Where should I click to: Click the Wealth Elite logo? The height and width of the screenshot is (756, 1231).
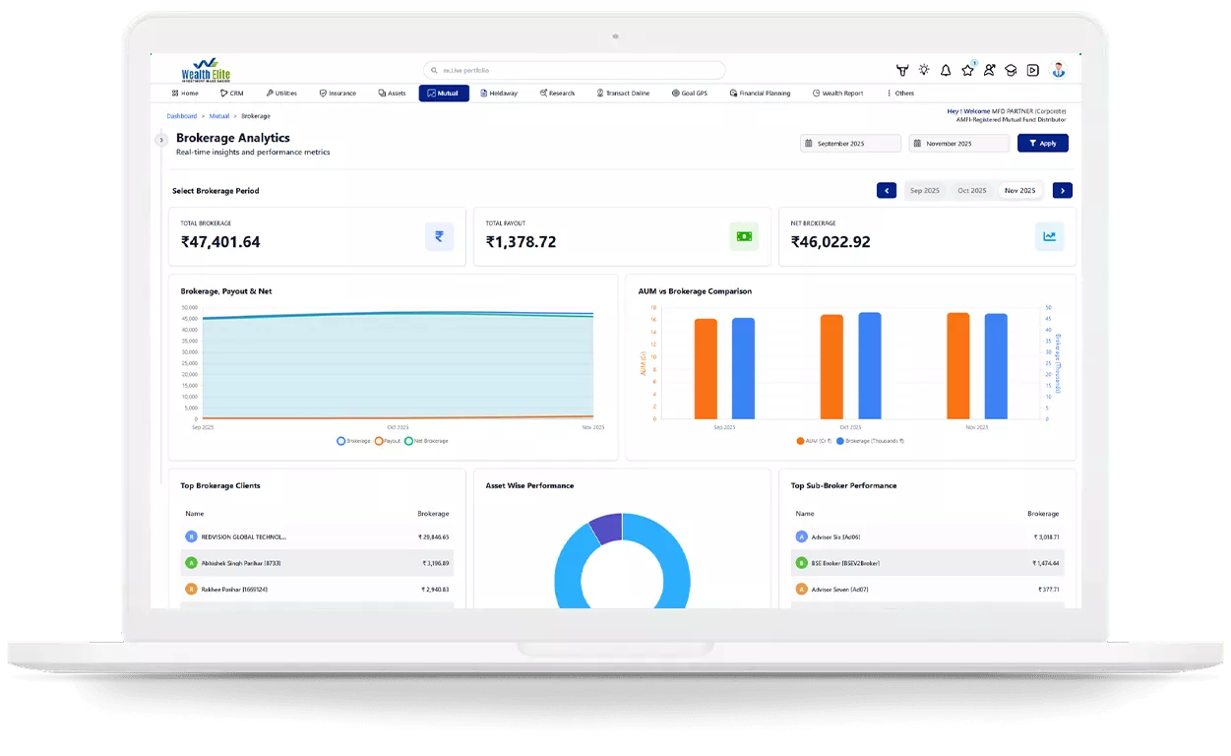pos(205,70)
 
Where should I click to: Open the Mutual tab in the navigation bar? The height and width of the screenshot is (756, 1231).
pos(443,94)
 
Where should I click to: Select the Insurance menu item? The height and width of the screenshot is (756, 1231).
pos(338,94)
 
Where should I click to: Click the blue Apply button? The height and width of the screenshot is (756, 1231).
pos(1042,144)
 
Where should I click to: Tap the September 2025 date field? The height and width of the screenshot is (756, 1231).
pos(850,144)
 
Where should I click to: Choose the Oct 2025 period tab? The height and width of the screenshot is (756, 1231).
pos(971,191)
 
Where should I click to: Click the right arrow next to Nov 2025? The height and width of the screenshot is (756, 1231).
pos(1062,191)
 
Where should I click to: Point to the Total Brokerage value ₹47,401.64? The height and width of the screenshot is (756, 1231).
pos(220,242)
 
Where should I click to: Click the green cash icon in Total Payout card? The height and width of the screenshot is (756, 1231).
pos(744,236)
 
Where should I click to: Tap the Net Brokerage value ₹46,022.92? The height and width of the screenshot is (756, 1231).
pos(831,242)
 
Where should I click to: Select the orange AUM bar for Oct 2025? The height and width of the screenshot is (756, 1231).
pos(831,366)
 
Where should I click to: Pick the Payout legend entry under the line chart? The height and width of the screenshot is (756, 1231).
pos(388,441)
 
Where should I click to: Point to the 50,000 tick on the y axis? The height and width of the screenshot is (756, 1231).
pos(189,308)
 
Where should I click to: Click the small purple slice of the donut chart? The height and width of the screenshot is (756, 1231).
pos(606,528)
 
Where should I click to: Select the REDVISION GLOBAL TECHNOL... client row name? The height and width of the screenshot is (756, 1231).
pos(243,537)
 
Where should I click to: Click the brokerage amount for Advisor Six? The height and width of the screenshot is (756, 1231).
pos(1045,537)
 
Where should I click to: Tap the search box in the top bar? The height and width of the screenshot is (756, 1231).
pos(575,71)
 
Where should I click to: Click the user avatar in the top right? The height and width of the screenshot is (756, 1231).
pos(1058,70)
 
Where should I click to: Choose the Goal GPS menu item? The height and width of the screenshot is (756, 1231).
pos(690,94)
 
